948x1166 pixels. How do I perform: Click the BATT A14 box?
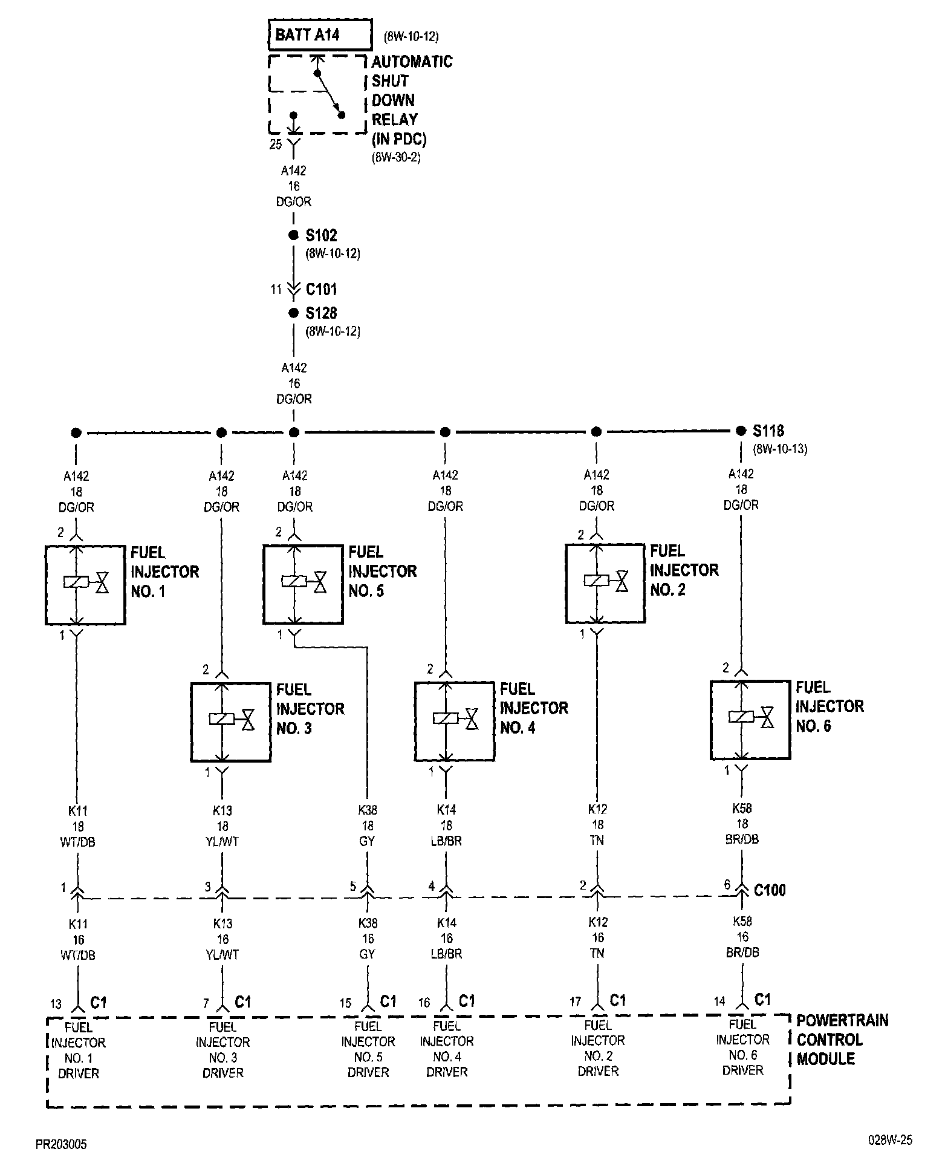point(320,35)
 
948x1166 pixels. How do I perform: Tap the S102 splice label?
point(321,235)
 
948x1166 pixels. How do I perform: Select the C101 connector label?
point(321,289)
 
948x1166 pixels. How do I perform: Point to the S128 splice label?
point(321,313)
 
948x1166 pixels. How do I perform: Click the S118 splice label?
point(768,431)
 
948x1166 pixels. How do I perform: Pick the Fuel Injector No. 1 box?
point(85,584)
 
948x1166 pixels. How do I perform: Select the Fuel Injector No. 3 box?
point(230,721)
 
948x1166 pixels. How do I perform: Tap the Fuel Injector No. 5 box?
point(303,584)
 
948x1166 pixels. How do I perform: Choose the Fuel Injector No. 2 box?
point(605,583)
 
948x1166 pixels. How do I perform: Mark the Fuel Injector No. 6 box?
point(750,720)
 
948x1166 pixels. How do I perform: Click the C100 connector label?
point(770,890)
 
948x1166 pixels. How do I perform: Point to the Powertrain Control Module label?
point(842,1040)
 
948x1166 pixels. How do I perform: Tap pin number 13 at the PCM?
point(56,1005)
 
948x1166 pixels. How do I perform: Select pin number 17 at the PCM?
point(575,1002)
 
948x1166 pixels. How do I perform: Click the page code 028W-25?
point(890,1141)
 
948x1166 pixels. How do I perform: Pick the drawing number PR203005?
point(60,1144)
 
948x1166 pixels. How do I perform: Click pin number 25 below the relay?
point(276,145)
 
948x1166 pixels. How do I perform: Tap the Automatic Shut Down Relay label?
point(411,100)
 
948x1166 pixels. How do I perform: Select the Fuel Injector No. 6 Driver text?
point(742,1047)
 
